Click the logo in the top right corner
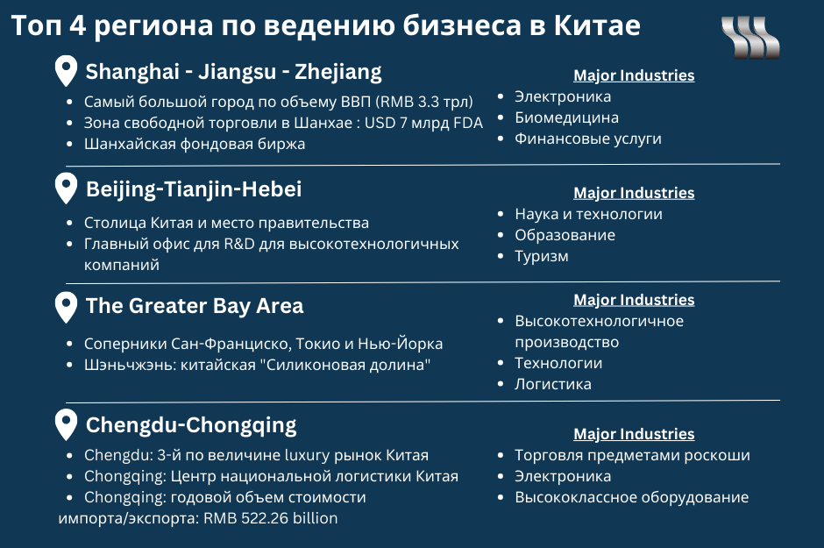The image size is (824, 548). click(x=750, y=38)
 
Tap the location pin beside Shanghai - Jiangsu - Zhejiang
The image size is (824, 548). click(x=66, y=71)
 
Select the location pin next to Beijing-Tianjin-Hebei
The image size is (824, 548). click(x=66, y=189)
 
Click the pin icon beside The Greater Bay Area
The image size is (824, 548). click(x=66, y=308)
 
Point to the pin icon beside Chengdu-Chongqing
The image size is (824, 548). click(x=66, y=424)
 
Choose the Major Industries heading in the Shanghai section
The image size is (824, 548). click(x=634, y=75)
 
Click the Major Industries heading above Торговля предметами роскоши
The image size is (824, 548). click(x=634, y=434)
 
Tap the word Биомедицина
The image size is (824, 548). click(x=566, y=117)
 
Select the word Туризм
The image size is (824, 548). click(x=541, y=256)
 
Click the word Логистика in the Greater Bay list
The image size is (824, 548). click(x=553, y=384)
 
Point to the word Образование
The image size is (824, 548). click(x=565, y=235)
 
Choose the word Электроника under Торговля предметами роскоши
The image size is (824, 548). click(x=563, y=477)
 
